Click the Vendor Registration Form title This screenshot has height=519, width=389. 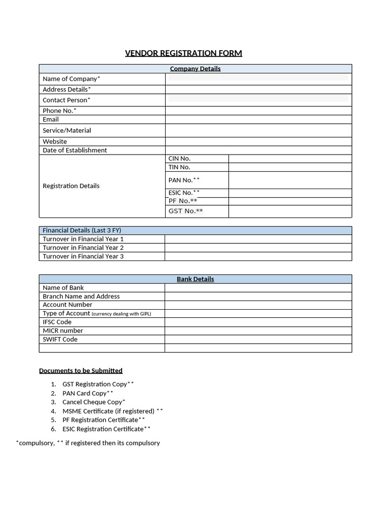[183, 53]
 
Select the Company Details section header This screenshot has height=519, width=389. [195, 68]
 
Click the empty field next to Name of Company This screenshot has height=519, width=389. [258, 79]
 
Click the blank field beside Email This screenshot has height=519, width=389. [258, 120]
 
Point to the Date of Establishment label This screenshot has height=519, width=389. [74, 150]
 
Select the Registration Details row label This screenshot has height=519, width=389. [71, 186]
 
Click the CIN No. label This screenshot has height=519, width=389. [179, 159]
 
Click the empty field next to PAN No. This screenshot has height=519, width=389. [290, 180]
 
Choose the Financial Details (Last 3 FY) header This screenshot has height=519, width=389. [82, 230]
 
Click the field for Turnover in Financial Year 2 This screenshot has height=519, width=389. [258, 248]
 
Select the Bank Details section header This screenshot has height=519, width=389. [195, 279]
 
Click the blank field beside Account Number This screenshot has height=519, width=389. [258, 305]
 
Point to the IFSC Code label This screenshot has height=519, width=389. [57, 322]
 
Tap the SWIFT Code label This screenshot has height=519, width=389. [60, 339]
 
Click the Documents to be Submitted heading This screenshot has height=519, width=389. [81, 370]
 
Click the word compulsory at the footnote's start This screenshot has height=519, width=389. [35, 443]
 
